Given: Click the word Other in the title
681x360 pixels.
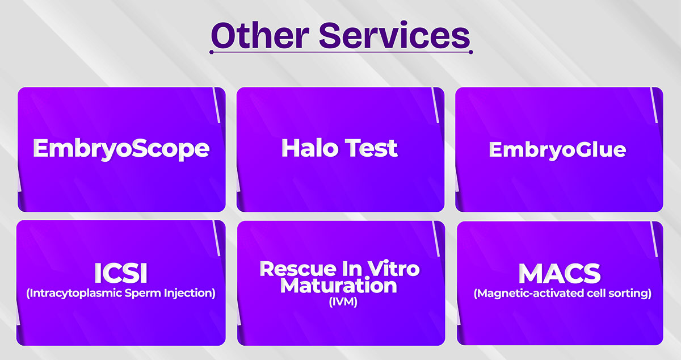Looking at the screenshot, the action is tap(260, 36).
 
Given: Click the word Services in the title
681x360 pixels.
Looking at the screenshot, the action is tap(394, 35).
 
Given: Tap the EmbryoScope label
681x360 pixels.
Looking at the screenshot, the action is tap(121, 149).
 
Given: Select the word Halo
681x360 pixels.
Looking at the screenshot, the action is tap(310, 148).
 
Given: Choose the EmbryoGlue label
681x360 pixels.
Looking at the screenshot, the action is tap(557, 150).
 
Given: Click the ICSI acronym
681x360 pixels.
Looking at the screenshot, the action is tap(121, 273).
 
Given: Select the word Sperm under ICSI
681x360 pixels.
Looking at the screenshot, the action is tap(143, 294).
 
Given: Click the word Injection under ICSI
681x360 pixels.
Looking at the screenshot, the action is tap(190, 294).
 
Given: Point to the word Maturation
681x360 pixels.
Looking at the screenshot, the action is tap(338, 286).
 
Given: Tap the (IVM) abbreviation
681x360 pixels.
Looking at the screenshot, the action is tap(343, 302).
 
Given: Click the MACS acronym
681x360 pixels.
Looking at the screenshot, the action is tap(560, 274).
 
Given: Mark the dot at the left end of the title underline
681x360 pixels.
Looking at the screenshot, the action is tap(212, 52).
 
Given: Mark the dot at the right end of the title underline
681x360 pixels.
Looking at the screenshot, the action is tap(471, 52).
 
